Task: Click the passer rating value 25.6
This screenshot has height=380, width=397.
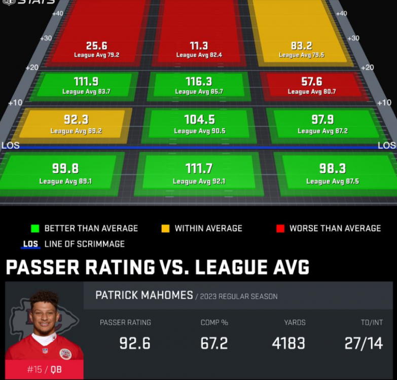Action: (96, 46)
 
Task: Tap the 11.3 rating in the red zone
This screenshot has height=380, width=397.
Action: (198, 46)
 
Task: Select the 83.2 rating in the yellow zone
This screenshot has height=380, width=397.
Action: (301, 46)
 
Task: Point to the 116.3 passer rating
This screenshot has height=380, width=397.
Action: (199, 82)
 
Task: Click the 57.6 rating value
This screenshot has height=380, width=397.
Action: (312, 82)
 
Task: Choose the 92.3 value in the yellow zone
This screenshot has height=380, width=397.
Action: (76, 120)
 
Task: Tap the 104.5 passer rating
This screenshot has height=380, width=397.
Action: (199, 120)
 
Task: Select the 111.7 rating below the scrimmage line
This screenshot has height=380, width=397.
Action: (199, 169)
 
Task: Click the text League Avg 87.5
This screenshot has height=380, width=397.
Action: (333, 181)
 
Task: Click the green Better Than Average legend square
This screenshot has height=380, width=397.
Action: (35, 229)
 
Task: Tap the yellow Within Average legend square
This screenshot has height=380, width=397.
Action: (165, 229)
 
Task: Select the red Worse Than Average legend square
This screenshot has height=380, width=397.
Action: (280, 229)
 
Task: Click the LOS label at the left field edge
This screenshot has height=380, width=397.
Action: (11, 145)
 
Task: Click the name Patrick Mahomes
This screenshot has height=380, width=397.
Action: (144, 295)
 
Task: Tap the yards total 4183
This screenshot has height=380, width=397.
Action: (288, 343)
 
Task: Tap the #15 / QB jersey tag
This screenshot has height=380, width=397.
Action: (44, 369)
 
